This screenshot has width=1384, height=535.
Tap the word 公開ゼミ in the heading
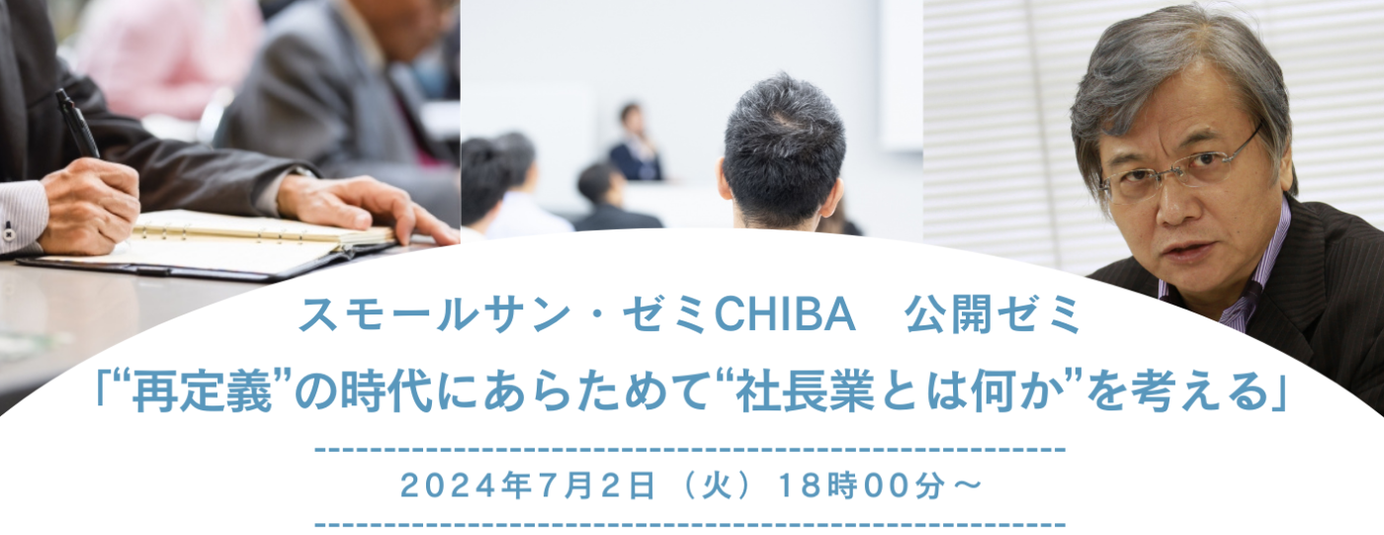(993, 313)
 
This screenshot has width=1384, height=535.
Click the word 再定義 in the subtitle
(203, 393)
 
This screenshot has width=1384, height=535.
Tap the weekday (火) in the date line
(717, 486)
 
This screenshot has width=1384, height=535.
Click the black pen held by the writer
(77, 124)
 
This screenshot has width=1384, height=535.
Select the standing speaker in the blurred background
(635, 142)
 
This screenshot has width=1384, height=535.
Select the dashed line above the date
(690, 449)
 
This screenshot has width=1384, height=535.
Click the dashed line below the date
(690, 524)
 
